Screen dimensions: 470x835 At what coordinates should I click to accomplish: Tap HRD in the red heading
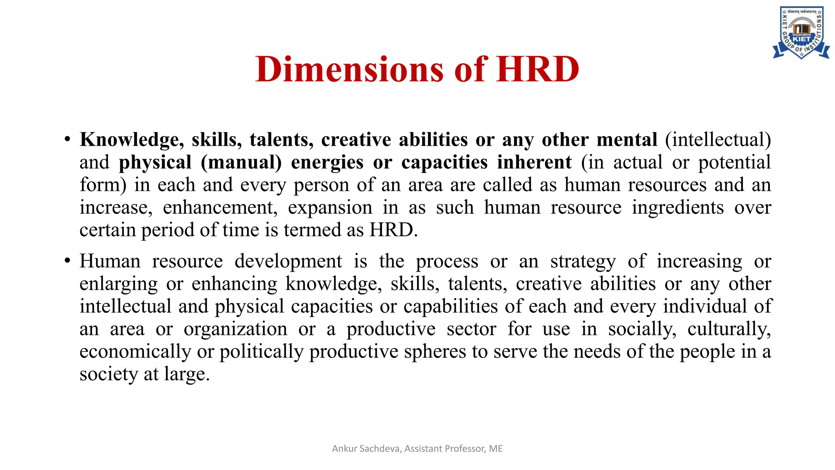[x=538, y=69]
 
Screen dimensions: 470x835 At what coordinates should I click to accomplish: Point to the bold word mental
[x=627, y=140]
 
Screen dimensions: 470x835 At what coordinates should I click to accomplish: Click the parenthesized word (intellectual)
[x=718, y=140]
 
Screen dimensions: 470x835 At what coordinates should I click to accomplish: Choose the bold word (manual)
[x=241, y=162]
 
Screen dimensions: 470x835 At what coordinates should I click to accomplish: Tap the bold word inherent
[x=534, y=162]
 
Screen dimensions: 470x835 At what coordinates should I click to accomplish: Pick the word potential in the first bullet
[x=734, y=162]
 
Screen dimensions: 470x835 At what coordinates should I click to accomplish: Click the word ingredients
[x=678, y=208]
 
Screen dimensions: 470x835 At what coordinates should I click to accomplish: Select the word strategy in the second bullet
[x=583, y=262]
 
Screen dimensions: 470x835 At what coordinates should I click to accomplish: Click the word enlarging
[x=118, y=284]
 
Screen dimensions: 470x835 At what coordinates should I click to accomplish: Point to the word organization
[x=235, y=329]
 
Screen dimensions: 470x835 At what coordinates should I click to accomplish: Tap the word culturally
[x=729, y=329]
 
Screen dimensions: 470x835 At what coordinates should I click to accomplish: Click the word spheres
[x=435, y=352]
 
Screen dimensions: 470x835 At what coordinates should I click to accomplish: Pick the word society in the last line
[x=108, y=374]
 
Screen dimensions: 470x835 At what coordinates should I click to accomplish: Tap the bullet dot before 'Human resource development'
[x=67, y=261]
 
